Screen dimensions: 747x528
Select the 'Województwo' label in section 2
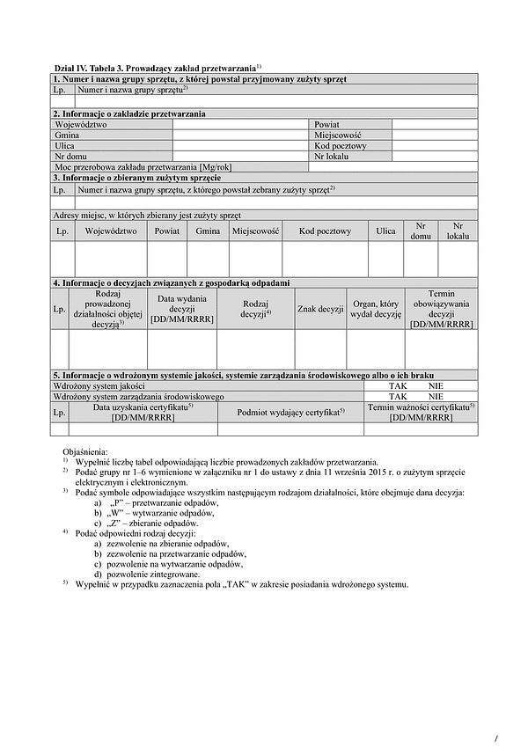[80, 125]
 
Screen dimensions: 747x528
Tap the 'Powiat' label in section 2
[326, 125]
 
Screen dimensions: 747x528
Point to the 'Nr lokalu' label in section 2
[332, 157]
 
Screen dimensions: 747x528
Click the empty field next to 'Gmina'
[240, 135]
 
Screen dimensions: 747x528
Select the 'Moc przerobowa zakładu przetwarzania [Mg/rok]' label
[143, 167]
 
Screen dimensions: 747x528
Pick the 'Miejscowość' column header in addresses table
[256, 231]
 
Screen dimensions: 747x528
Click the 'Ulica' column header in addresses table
[385, 231]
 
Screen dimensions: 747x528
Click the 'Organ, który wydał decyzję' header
[376, 309]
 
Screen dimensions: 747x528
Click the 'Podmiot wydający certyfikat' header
[290, 412]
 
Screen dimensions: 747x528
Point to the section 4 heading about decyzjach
[172, 282]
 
